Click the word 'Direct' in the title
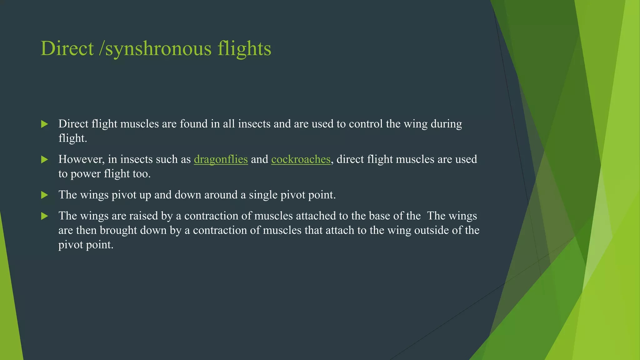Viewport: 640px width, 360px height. (67, 48)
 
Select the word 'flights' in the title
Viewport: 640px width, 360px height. (244, 48)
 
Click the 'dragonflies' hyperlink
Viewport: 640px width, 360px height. (221, 159)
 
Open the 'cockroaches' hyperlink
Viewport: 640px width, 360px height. (301, 159)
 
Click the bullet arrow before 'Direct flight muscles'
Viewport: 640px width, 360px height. (45, 124)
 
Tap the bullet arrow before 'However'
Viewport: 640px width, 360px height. (45, 160)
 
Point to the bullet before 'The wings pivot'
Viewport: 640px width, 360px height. (45, 195)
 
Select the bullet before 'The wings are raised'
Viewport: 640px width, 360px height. (45, 216)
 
